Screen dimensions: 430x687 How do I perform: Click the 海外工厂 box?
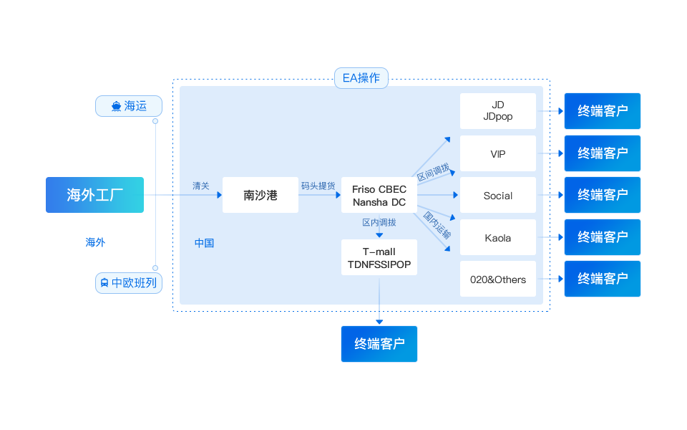click(x=94, y=195)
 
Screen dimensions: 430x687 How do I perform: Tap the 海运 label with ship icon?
click(x=129, y=106)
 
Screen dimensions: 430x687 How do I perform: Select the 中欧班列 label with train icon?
click(x=129, y=283)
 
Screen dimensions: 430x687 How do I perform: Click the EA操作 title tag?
click(x=361, y=78)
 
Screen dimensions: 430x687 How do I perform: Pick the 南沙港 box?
click(x=260, y=195)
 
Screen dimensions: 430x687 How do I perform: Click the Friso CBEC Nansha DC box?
click(x=379, y=196)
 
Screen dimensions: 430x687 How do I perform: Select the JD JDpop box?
click(x=498, y=111)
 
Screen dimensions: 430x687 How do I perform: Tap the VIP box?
click(x=498, y=153)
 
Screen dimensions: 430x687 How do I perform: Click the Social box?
click(x=498, y=196)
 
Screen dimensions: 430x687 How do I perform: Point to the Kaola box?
click(x=498, y=238)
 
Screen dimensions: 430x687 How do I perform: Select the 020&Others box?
click(x=498, y=279)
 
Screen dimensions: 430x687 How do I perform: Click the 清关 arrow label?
click(x=201, y=186)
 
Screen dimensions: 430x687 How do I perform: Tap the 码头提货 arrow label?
click(x=318, y=186)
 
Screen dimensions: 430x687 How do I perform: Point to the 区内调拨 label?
click(x=379, y=223)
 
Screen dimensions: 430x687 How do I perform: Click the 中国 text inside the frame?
click(x=205, y=243)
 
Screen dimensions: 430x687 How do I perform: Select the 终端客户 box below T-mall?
click(x=379, y=344)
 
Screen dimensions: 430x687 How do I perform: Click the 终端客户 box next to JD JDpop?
click(x=603, y=111)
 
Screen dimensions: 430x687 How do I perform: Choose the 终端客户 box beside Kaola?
click(x=603, y=237)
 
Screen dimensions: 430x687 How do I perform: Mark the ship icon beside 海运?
click(x=116, y=107)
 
